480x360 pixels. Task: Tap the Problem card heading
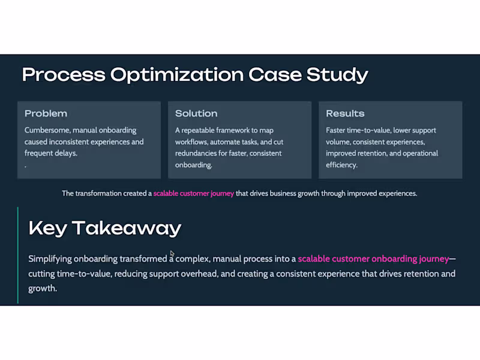(46, 113)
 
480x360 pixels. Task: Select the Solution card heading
(196, 113)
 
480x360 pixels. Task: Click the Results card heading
(345, 113)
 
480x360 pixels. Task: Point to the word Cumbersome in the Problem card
(47, 130)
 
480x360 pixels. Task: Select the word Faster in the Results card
(337, 130)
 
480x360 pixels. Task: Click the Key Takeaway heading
(105, 228)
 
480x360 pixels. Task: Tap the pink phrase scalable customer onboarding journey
(373, 259)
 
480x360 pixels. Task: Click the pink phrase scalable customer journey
(193, 194)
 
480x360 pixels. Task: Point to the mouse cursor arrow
(172, 254)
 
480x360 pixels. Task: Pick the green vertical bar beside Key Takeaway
(18, 255)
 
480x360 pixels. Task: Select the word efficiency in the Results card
(341, 165)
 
